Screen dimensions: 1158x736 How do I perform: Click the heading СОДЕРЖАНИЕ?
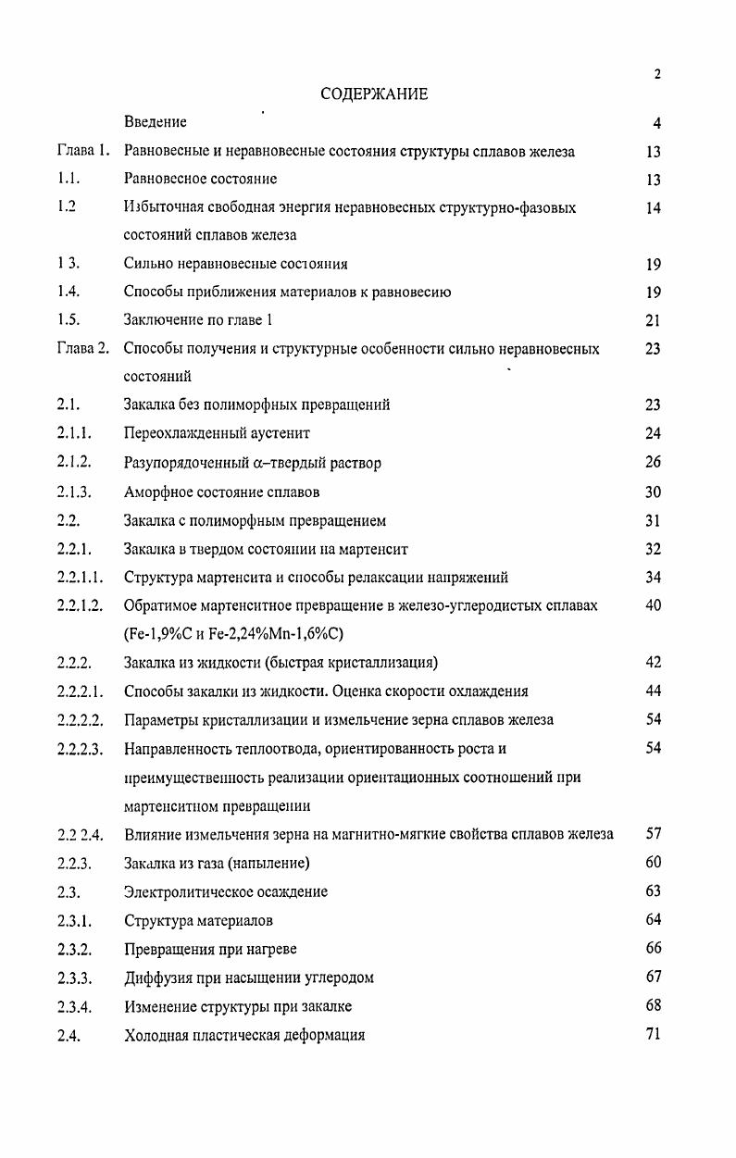pos(374,94)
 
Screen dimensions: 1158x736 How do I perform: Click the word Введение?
pos(156,122)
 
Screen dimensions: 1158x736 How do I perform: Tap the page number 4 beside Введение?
pos(656,123)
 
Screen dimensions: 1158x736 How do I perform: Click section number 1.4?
pos(69,293)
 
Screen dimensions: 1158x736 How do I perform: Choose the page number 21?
pos(654,321)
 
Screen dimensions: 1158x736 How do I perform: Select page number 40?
pos(653,605)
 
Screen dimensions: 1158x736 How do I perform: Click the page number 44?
pos(653,691)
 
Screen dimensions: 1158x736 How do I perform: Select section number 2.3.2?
pos(74,949)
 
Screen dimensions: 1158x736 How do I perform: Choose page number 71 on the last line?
pos(653,1034)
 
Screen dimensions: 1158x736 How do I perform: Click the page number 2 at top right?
pos(656,74)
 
